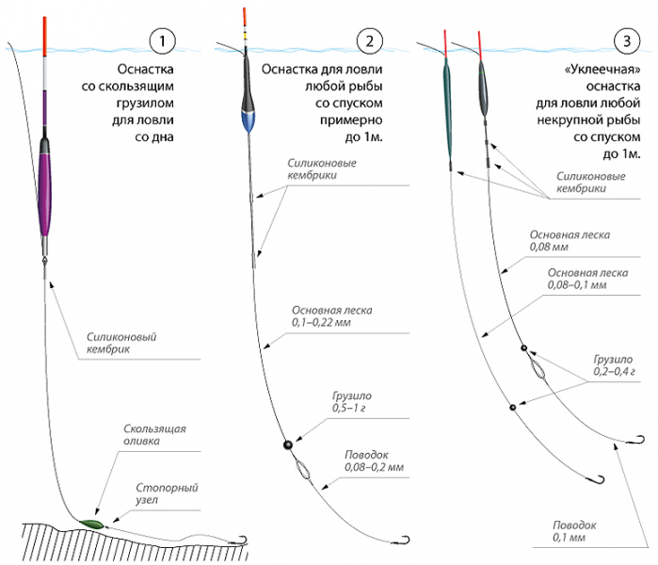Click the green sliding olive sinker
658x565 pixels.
[92, 522]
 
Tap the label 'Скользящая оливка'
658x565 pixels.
[154, 434]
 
